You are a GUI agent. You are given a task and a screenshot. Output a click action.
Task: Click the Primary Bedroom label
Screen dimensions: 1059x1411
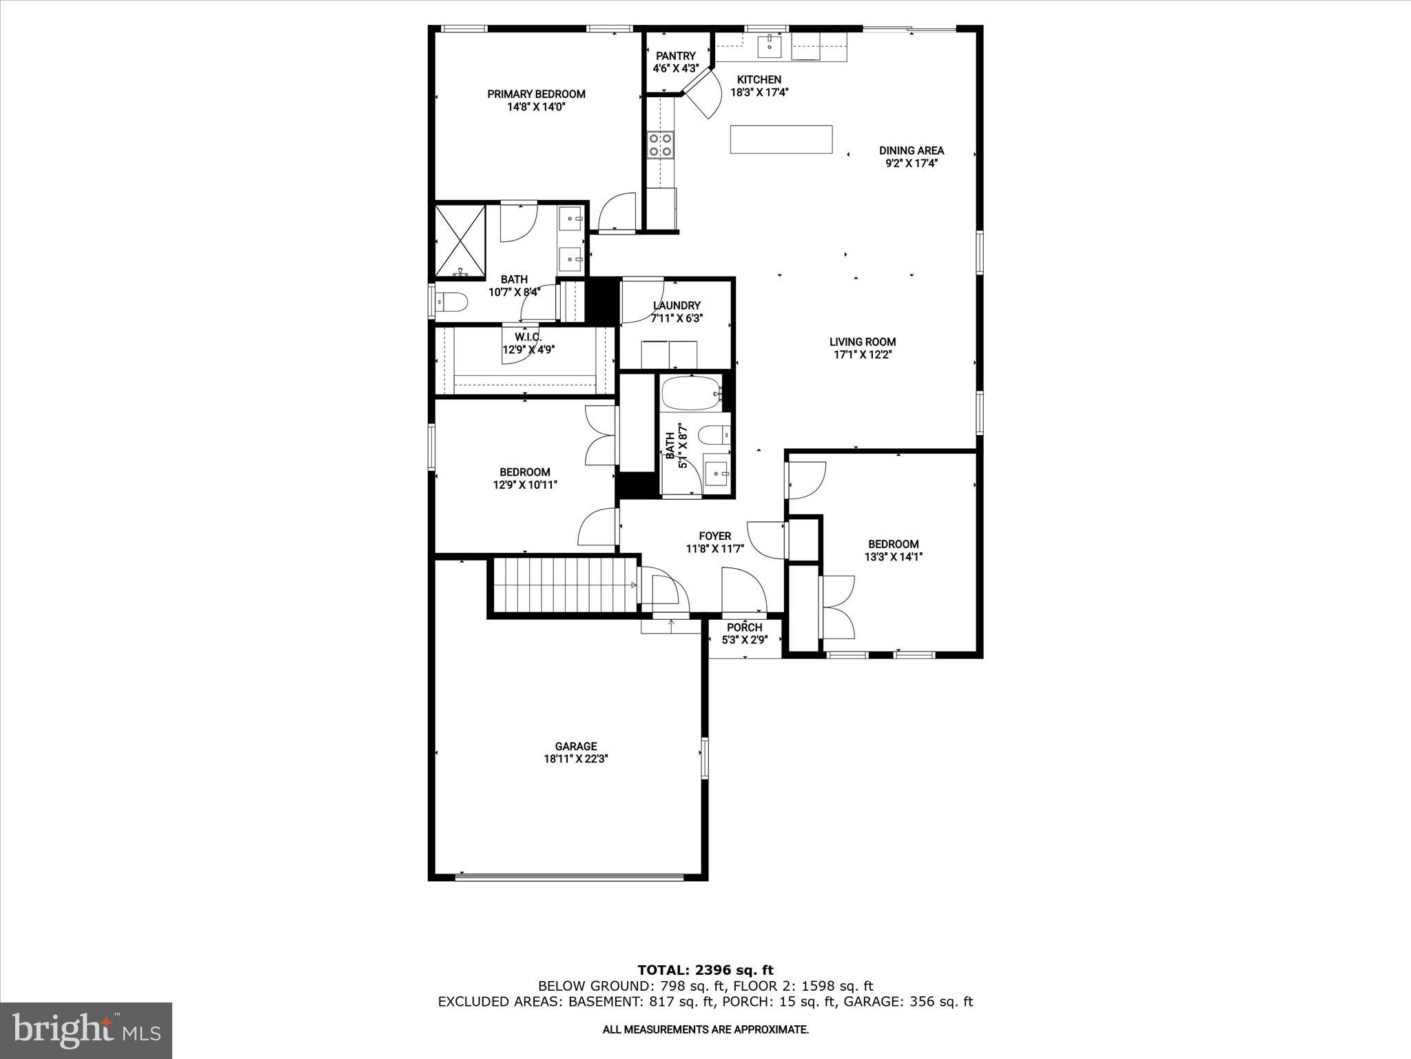click(x=536, y=94)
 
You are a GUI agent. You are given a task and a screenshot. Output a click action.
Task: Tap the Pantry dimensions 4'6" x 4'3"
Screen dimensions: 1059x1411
click(x=675, y=69)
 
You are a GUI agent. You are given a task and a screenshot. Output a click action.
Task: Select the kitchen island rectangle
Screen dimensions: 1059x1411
click(x=781, y=139)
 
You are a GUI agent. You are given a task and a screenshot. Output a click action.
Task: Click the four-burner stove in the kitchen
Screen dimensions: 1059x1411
click(x=660, y=145)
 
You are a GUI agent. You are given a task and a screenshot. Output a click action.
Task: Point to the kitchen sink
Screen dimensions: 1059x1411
click(x=770, y=46)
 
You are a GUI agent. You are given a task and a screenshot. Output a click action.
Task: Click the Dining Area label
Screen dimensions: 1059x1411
click(x=911, y=151)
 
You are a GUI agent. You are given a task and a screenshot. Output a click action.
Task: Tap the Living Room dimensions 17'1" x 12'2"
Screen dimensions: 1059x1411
click(x=863, y=355)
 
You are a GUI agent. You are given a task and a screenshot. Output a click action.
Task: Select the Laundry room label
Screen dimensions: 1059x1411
click(x=677, y=305)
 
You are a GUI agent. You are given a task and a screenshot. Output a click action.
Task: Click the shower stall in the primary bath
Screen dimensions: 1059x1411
click(x=460, y=241)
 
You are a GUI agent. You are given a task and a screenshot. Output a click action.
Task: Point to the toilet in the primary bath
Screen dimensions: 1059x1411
click(x=452, y=302)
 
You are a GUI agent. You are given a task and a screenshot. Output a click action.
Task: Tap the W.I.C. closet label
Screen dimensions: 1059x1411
click(x=528, y=337)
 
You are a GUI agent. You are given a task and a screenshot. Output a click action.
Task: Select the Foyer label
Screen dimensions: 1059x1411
click(x=714, y=536)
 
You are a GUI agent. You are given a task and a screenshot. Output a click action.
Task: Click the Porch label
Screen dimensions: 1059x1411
click(x=744, y=628)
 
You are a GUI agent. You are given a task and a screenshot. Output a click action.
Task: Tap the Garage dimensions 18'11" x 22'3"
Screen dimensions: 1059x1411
click(x=575, y=759)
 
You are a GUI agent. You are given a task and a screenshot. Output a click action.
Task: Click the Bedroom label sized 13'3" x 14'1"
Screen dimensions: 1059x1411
click(x=893, y=544)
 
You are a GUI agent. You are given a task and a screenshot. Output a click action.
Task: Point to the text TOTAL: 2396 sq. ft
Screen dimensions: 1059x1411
click(x=705, y=971)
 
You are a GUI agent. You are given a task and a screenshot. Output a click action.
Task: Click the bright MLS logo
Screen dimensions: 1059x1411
click(x=86, y=1030)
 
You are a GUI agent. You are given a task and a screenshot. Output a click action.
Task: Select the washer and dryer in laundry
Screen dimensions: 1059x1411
click(x=669, y=354)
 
